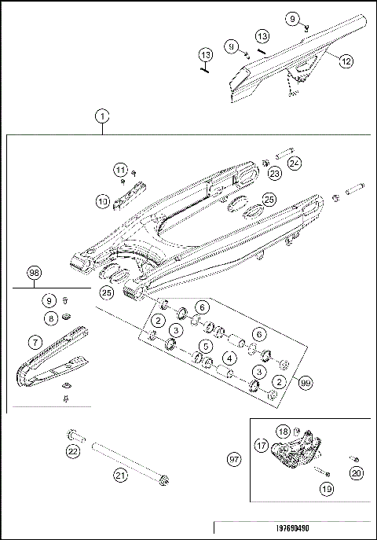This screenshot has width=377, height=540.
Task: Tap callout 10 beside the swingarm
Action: (x=103, y=202)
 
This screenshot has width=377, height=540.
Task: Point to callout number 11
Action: (x=119, y=170)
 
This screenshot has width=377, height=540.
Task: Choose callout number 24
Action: (x=294, y=163)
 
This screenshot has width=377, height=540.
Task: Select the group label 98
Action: (x=34, y=272)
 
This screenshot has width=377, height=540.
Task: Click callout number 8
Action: (x=49, y=318)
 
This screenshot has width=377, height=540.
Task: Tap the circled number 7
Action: (x=34, y=342)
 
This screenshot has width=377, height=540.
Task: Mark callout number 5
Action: (x=205, y=345)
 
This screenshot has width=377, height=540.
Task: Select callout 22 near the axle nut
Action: (x=72, y=451)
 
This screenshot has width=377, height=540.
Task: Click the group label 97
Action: (x=233, y=457)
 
